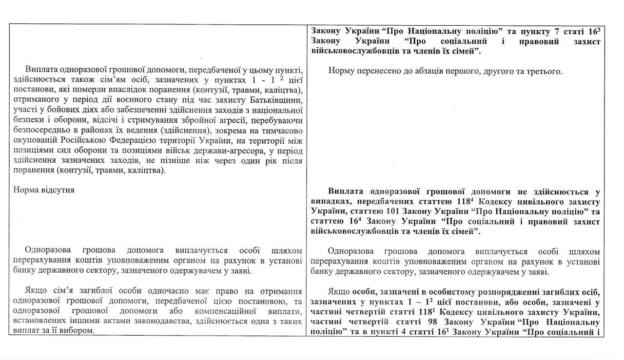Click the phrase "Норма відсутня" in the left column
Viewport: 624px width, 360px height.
click(44, 190)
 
